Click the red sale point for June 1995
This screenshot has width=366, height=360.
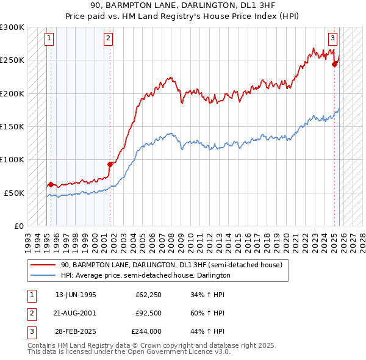point(51,184)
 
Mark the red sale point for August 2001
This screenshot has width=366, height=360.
point(110,164)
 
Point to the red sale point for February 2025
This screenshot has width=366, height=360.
point(334,64)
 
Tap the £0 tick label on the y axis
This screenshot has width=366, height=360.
point(18,226)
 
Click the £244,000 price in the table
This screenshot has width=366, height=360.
point(146,331)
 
